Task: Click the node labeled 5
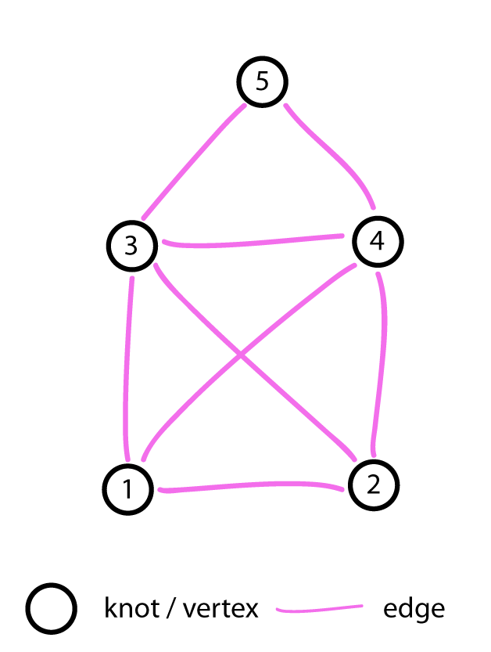point(262,81)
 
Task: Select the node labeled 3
point(131,245)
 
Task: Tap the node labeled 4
point(377,241)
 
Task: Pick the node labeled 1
point(127,489)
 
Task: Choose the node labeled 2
point(373,485)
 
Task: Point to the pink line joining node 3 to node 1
point(128,368)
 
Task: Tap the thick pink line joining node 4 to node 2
point(382,368)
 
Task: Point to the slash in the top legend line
point(173,607)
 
